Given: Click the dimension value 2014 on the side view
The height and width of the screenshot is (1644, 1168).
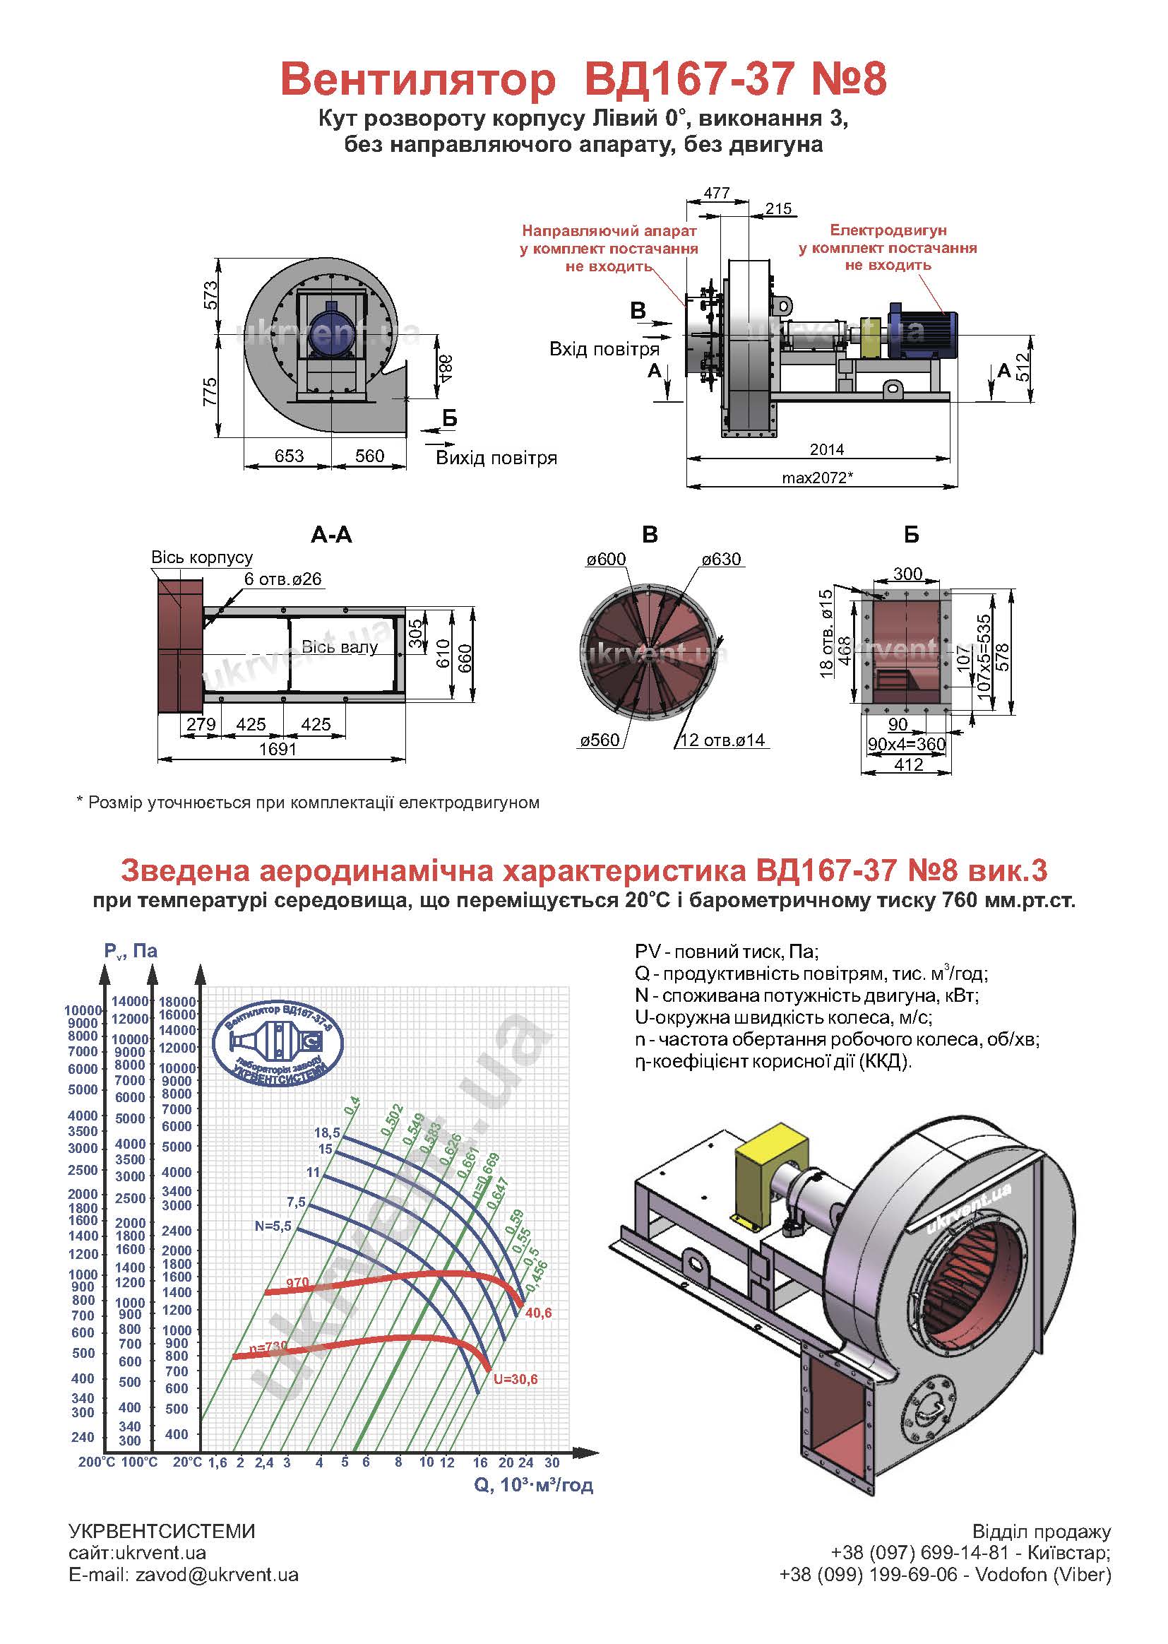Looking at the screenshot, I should [826, 449].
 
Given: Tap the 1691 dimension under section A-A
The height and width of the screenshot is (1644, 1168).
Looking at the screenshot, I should [278, 749].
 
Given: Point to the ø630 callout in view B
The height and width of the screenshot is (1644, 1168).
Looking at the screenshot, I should [721, 559].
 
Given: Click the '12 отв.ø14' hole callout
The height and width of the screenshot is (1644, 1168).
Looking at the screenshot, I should [722, 740].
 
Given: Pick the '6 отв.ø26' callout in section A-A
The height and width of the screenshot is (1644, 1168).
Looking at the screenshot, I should [282, 579].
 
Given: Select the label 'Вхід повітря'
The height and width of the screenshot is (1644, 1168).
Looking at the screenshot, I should [604, 350].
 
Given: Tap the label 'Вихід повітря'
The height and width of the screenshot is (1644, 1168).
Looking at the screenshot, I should [496, 459].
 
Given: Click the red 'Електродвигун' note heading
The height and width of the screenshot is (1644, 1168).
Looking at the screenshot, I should [888, 230].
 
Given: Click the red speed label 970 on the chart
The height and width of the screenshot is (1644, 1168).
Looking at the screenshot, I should [297, 1283].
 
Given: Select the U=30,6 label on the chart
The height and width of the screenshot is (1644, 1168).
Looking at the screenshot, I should [515, 1379].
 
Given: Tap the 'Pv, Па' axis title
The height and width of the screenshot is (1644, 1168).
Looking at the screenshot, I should [130, 951].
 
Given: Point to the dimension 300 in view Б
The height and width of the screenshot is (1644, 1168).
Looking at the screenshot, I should [907, 574].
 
